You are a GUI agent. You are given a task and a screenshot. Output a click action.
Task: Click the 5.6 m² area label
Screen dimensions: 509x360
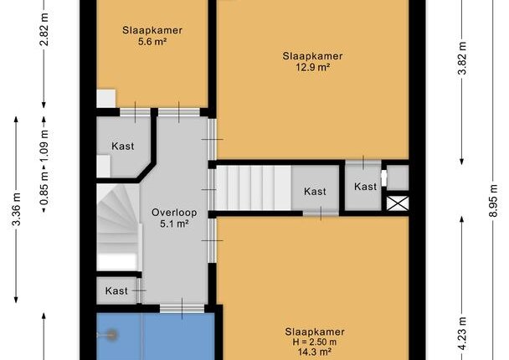click(x=152, y=42)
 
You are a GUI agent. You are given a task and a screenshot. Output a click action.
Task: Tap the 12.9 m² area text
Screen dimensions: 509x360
click(x=313, y=67)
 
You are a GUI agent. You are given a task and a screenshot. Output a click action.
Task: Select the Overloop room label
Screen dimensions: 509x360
click(x=174, y=213)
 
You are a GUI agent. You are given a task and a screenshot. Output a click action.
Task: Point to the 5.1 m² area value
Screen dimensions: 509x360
click(x=174, y=224)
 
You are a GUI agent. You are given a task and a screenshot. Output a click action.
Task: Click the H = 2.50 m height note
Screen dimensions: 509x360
click(x=315, y=342)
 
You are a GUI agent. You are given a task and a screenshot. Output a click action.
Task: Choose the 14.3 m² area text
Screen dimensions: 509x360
click(x=315, y=352)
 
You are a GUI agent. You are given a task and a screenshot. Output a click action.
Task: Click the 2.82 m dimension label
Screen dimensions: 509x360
click(x=44, y=29)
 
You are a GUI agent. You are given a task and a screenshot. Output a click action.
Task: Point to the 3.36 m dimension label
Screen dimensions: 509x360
click(x=16, y=208)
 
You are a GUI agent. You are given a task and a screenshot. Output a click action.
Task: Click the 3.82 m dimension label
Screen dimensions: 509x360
click(x=462, y=58)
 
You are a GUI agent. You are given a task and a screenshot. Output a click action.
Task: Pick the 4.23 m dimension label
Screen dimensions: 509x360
click(x=462, y=334)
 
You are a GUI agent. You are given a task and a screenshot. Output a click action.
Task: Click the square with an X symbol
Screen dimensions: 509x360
click(x=398, y=203)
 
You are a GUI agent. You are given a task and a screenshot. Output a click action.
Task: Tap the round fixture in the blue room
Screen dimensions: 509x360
click(x=112, y=335)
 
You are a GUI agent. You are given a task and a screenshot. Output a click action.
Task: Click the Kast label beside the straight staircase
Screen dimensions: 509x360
click(x=315, y=192)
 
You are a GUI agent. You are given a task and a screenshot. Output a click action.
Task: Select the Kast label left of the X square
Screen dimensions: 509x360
click(x=366, y=187)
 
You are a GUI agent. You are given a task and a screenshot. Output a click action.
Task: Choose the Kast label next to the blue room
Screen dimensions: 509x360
click(x=116, y=291)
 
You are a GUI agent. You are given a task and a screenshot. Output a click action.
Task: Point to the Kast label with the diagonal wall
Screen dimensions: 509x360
click(x=123, y=146)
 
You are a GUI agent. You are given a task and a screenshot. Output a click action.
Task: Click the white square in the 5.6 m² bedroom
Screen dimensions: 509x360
click(x=106, y=99)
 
